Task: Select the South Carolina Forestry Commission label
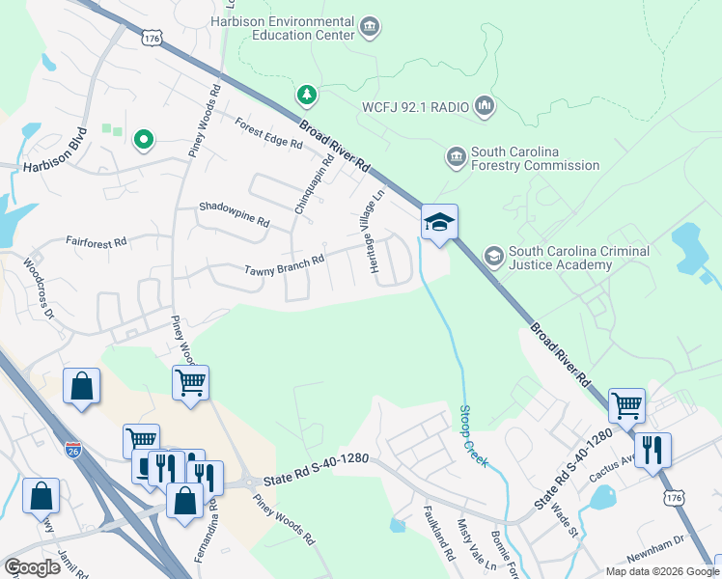coord(534,159)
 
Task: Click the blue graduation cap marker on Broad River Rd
coord(439,224)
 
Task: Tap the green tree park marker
coord(307,95)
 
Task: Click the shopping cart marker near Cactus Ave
coord(627,406)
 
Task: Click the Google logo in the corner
coord(33,566)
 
